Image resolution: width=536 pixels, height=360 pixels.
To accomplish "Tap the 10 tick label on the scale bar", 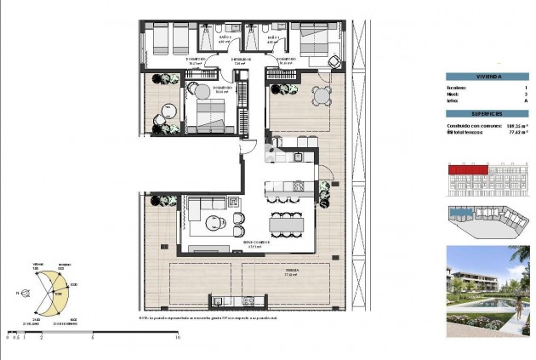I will pos(176,337).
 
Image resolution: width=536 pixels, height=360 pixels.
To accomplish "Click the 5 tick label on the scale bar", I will pos(92,337).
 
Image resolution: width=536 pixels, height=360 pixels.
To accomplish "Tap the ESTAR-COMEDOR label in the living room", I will pos(256,243).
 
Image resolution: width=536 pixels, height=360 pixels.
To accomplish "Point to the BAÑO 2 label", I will pos(225,37).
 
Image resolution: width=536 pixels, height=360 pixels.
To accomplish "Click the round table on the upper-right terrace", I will pos(322,95).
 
